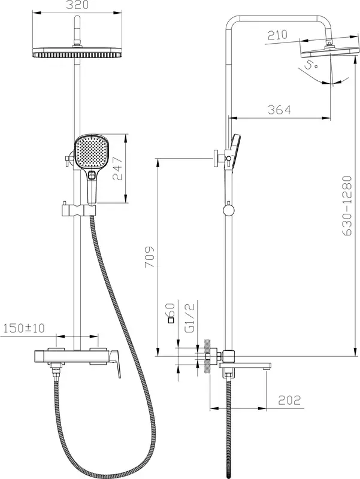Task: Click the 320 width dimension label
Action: (78, 5)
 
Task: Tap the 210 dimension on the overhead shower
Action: (278, 35)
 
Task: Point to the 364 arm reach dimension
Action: (279, 110)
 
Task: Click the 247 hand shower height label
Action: (117, 169)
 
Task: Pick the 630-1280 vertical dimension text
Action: (347, 205)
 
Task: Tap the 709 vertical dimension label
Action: (150, 257)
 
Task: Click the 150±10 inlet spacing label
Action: (24, 328)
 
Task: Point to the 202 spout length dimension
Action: (289, 400)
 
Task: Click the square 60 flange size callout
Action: (171, 313)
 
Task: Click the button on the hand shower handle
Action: (92, 175)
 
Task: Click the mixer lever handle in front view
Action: (114, 364)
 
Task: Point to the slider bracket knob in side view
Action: (228, 211)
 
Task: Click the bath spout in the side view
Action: (245, 366)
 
